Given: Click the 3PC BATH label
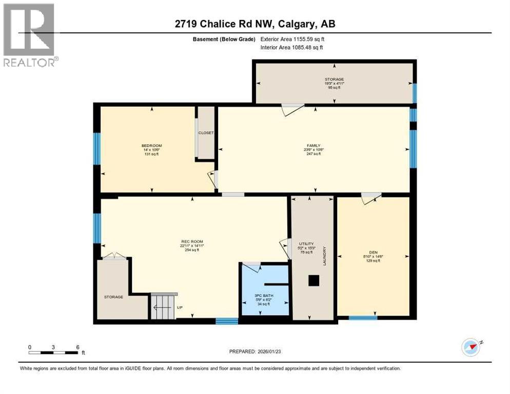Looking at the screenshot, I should click(265, 296).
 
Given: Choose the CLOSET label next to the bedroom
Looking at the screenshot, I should click(206, 133).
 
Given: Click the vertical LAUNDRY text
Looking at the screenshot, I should click(325, 256).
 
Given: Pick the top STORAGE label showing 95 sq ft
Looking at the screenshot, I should click(334, 80).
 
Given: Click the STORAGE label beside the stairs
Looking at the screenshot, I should click(114, 297).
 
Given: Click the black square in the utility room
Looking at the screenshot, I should click(313, 281).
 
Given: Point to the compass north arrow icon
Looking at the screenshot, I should click(470, 347).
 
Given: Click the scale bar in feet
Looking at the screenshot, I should click(53, 352).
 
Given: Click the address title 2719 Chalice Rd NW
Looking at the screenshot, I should click(254, 24).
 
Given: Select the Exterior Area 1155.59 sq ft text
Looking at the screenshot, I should click(292, 39).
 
